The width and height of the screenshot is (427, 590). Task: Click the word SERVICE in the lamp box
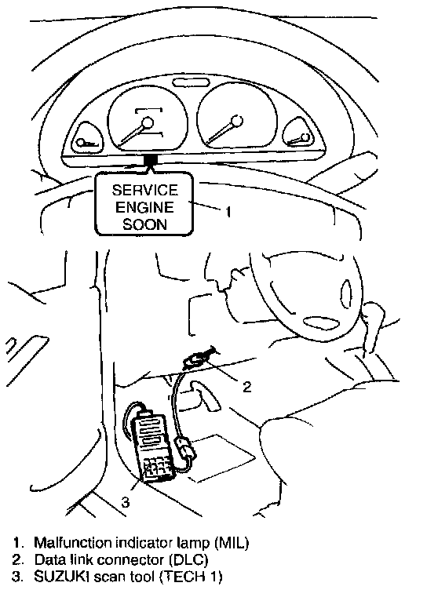pos(145,190)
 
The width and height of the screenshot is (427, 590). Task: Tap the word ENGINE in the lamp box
pos(144,207)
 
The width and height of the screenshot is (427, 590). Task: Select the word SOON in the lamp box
pos(145,224)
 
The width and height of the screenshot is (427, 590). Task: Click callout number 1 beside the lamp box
pos(228,212)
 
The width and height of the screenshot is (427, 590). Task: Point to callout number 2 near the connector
pos(246,387)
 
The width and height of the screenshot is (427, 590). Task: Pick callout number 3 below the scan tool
pos(126,501)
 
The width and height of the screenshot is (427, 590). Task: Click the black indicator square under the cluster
pos(151,160)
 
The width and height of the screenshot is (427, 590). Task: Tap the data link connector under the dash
pos(199,358)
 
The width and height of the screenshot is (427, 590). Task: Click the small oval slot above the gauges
pos(191,83)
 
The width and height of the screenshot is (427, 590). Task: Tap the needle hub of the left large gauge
pos(148,122)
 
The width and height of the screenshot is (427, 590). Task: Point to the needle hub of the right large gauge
pos(237,121)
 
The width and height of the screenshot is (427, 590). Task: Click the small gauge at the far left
pos(87,138)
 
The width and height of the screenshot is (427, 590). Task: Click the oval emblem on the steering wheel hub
pos(321,322)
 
